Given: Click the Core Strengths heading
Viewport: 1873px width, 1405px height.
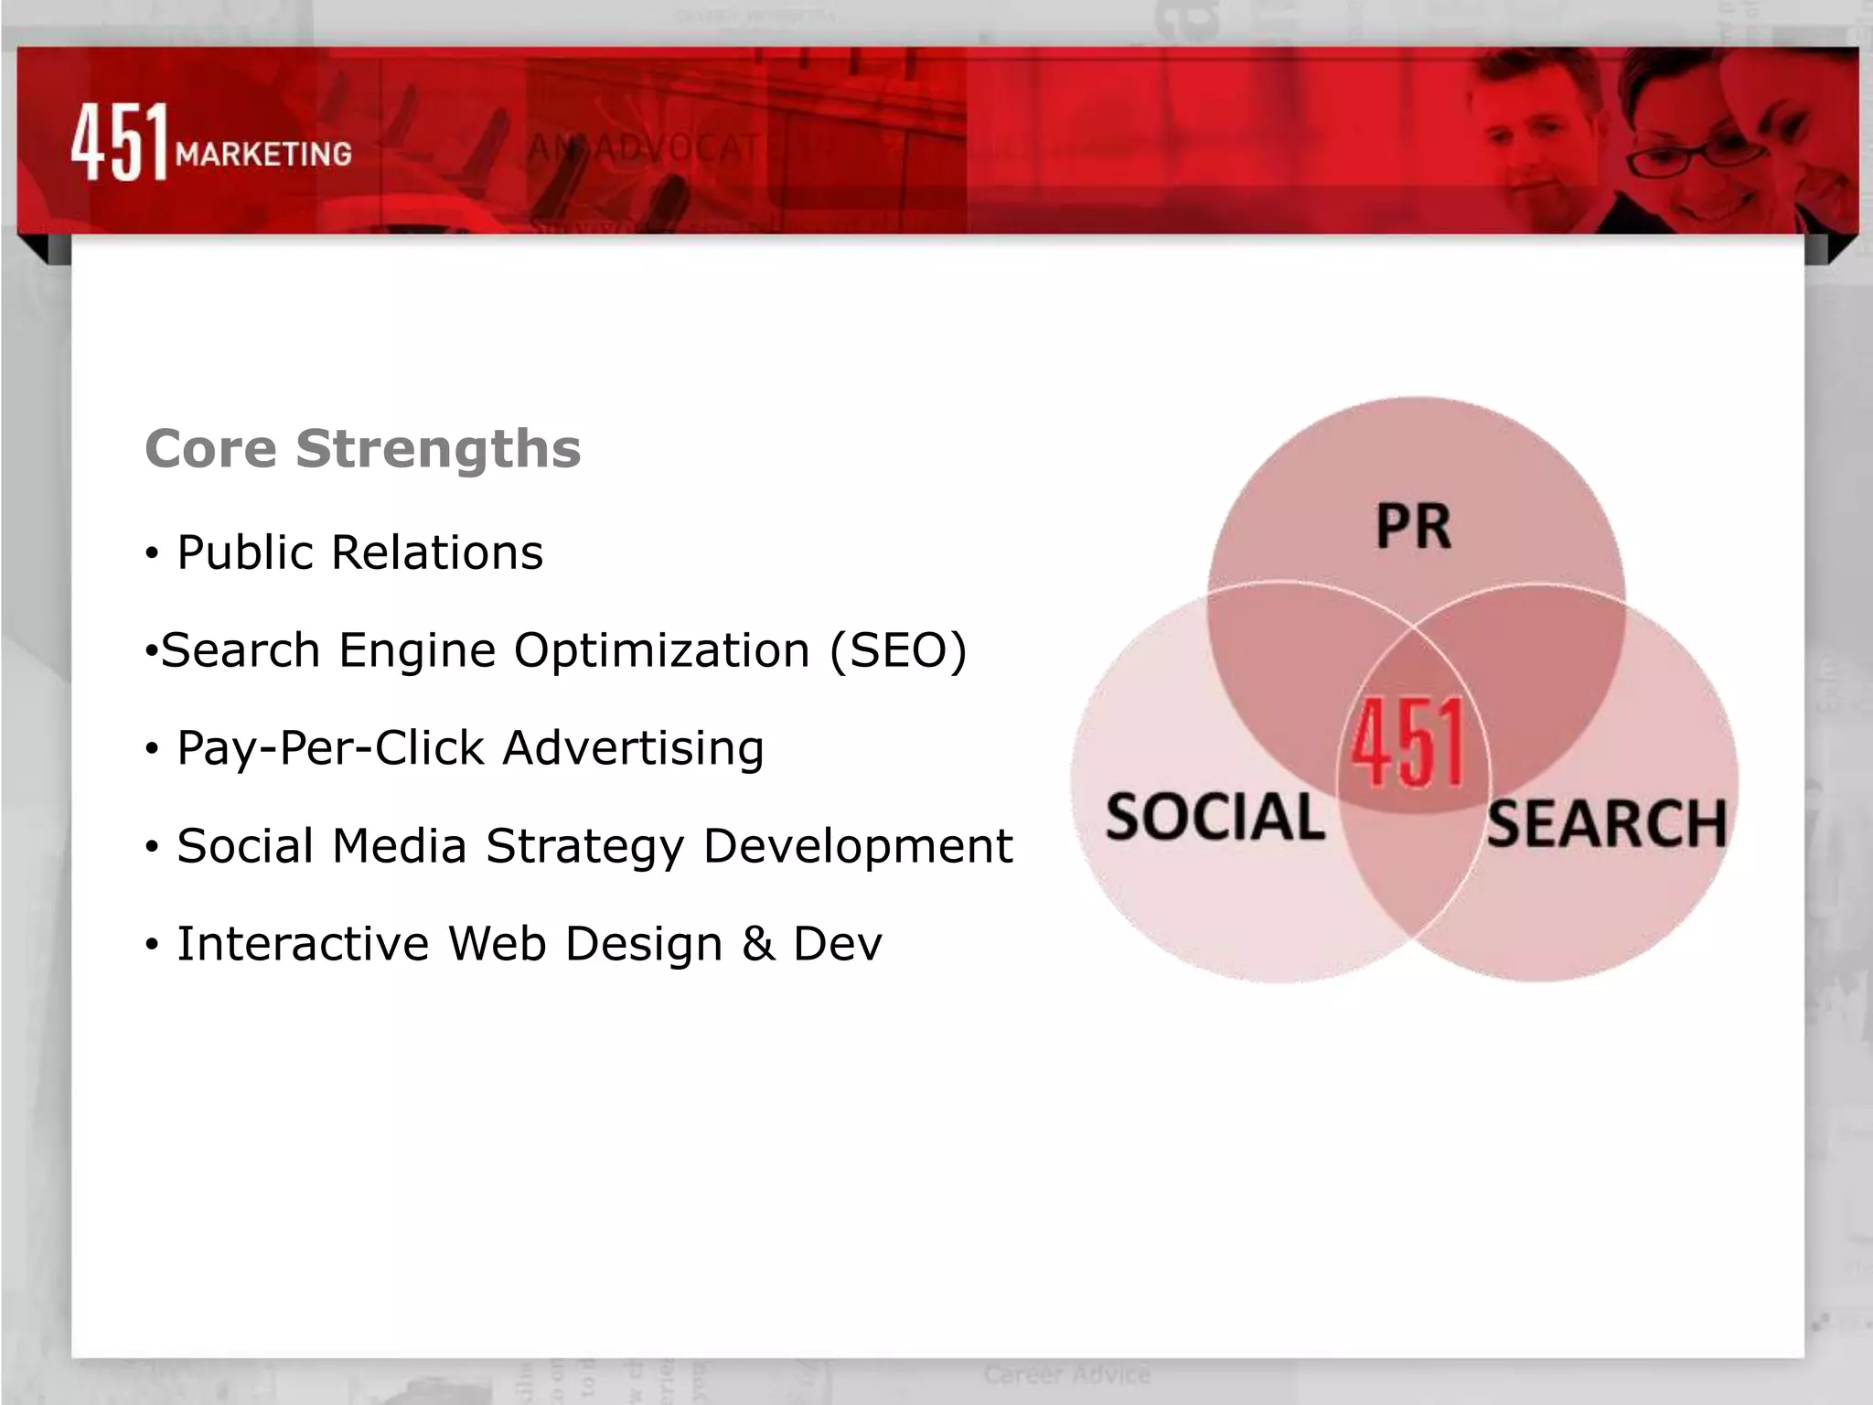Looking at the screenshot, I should click(x=362, y=448).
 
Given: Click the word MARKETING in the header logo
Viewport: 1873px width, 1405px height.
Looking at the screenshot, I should click(x=263, y=154).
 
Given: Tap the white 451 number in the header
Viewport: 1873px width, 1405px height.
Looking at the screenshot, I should click(x=120, y=142).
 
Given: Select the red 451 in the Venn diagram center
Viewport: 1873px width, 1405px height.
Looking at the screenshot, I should click(x=1409, y=743).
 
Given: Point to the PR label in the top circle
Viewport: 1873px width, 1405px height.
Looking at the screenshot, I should click(x=1413, y=527).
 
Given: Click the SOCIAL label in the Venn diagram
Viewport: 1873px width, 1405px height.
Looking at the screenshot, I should click(x=1215, y=817).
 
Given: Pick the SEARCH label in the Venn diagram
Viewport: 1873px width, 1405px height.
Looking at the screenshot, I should click(x=1606, y=823).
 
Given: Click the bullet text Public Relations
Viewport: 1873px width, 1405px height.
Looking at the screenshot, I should click(x=359, y=552).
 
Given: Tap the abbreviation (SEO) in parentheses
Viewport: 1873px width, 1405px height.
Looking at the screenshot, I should click(x=897, y=650).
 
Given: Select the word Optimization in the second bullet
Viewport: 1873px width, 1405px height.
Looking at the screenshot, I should click(x=661, y=650).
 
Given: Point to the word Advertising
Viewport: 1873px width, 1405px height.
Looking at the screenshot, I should click(x=633, y=748).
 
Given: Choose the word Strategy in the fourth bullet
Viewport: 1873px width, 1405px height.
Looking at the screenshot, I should click(x=584, y=846).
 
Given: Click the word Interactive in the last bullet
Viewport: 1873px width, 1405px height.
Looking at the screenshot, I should click(x=303, y=944).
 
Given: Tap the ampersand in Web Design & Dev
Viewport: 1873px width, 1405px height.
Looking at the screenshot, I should click(x=758, y=944).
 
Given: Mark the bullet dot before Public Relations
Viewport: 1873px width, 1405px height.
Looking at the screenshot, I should click(x=152, y=554).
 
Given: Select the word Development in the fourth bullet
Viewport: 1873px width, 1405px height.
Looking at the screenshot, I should click(x=857, y=846).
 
